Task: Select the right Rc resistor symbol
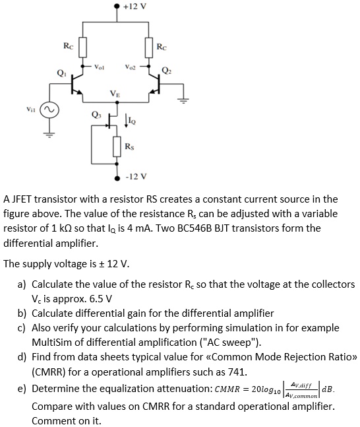(x=149, y=47)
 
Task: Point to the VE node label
(x=115, y=92)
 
